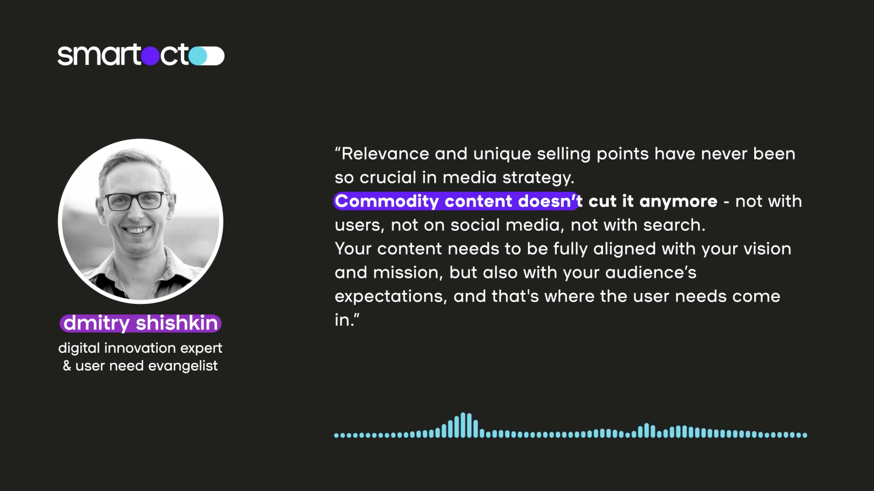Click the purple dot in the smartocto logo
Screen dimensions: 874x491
tap(150, 56)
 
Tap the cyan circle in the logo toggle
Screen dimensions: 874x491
tap(198, 56)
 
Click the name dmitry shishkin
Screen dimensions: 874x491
tap(140, 323)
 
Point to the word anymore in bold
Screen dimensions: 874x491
tap(678, 201)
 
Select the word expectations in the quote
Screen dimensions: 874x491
tap(389, 296)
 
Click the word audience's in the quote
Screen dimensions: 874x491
tap(651, 273)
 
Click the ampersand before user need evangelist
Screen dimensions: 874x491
tap(67, 366)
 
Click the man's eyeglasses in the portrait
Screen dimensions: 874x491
tap(136, 201)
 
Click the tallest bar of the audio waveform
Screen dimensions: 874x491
tap(463, 425)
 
